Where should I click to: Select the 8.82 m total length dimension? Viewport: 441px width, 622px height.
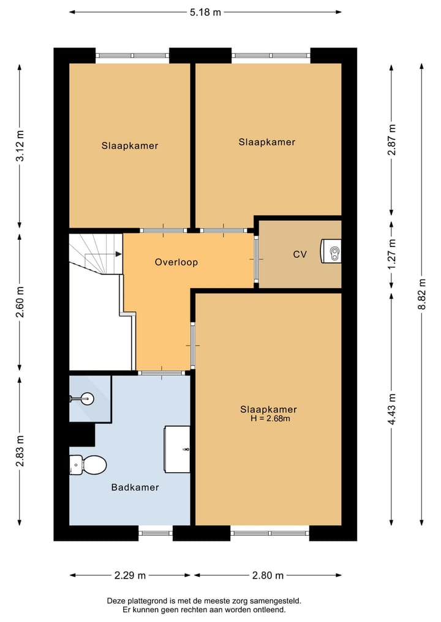[x=422, y=294]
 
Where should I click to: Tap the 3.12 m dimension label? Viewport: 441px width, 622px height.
[x=20, y=146]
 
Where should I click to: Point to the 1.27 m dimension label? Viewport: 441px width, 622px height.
[x=393, y=254]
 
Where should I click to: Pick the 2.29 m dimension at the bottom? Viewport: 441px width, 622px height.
[x=129, y=575]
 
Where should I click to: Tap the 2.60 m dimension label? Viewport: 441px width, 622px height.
[x=20, y=303]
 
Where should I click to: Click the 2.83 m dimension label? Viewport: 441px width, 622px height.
[x=20, y=450]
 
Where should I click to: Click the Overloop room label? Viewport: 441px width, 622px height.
[x=176, y=262]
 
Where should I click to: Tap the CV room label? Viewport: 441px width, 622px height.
[x=300, y=254]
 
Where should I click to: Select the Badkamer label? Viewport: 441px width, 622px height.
[x=135, y=487]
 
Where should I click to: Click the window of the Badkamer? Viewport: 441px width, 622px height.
[x=156, y=533]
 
